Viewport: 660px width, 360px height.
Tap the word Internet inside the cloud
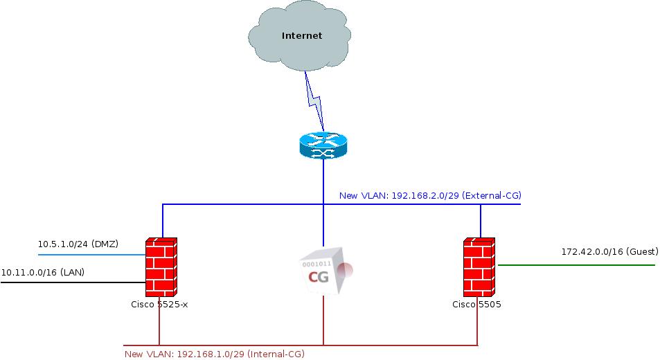tap(302, 36)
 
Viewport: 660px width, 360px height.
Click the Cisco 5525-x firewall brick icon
tap(161, 267)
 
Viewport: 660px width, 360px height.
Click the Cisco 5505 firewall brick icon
tap(479, 267)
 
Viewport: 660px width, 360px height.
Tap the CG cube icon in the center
tap(324, 270)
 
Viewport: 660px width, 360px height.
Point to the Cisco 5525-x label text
tap(159, 304)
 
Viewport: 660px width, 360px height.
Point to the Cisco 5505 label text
tap(476, 304)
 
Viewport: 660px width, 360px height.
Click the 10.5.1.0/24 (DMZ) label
tap(78, 244)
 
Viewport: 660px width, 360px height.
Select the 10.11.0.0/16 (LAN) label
tap(43, 273)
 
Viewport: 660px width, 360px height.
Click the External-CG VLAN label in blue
tap(429, 196)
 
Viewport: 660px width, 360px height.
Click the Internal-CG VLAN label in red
tap(214, 354)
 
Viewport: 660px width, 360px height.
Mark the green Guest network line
tap(575, 264)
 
